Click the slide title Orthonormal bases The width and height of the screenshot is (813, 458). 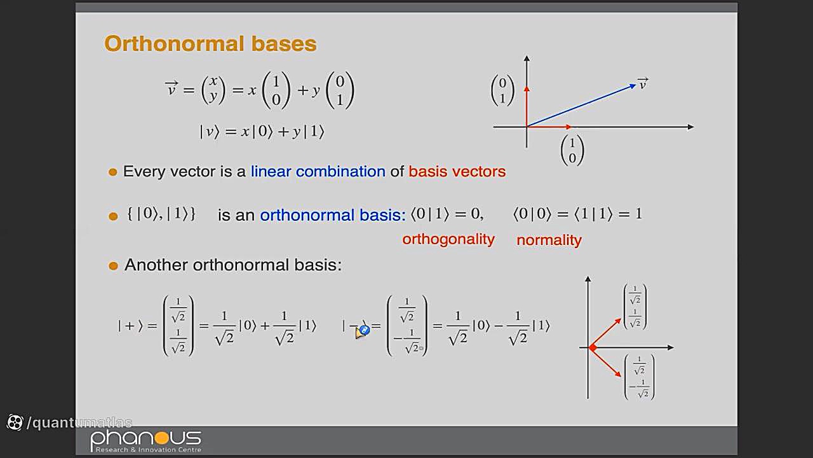[210, 45]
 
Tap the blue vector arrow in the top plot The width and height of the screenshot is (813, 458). [581, 106]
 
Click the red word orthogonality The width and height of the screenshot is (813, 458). [448, 240]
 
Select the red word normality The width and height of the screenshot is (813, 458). [549, 240]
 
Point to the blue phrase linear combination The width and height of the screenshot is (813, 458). [318, 171]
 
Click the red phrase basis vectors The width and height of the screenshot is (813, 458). [457, 171]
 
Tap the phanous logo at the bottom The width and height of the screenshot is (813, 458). [146, 441]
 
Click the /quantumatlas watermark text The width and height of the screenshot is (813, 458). [79, 422]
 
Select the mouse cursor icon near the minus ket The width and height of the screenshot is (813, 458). [362, 331]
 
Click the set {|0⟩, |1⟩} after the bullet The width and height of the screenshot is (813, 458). [161, 214]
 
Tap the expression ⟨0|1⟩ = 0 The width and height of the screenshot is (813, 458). [447, 214]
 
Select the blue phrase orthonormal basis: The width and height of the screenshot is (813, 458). [333, 215]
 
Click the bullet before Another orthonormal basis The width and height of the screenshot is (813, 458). [113, 266]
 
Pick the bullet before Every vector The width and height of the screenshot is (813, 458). [113, 172]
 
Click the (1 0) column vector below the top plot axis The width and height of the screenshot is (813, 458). [572, 151]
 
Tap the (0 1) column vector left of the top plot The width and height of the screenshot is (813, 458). [502, 90]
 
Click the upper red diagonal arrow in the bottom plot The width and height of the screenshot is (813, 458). [606, 333]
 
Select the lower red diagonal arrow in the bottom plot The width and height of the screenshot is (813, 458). [606, 363]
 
